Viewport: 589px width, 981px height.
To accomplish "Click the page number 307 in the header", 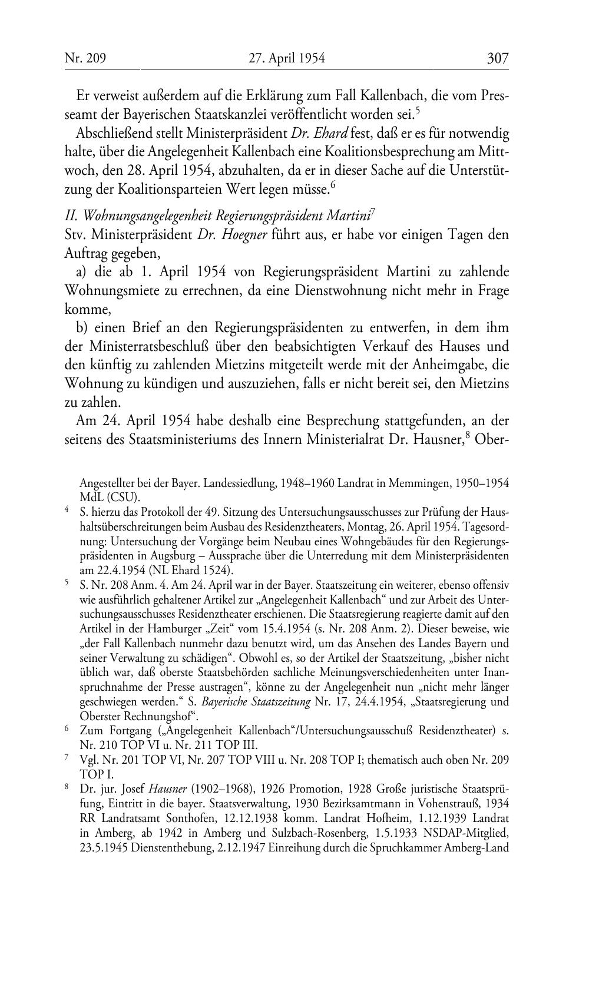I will point(497,58).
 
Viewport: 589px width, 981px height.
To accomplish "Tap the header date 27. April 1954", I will point(287,58).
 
